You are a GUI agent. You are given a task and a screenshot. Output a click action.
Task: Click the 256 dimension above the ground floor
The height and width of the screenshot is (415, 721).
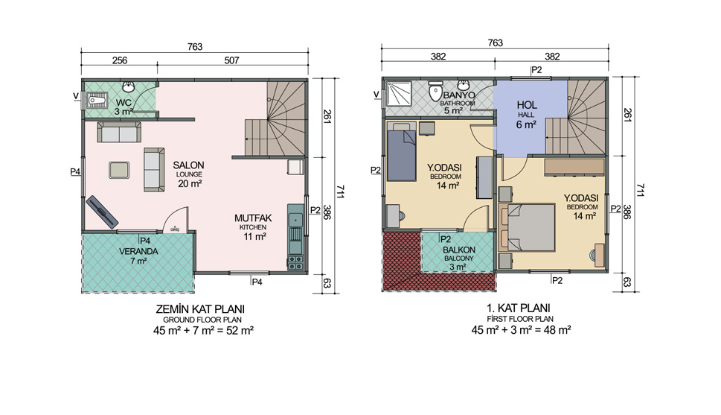coord(120,60)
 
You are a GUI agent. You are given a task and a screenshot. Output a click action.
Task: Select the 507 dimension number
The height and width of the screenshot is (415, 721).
coord(231,60)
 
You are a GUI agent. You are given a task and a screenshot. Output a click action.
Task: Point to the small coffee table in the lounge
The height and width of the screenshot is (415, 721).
coord(119,170)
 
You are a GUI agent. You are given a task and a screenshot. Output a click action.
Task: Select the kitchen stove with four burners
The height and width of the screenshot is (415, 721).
coord(295,263)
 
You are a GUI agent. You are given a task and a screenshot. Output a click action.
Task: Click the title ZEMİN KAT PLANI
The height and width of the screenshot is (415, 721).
coord(200,308)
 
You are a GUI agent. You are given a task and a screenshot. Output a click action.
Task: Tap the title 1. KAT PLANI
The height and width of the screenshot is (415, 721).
coord(519,308)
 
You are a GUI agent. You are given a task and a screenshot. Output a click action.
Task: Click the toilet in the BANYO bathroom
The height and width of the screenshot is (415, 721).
coord(435,91)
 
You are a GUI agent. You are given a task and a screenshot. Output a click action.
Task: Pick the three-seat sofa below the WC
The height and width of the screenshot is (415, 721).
coord(119,132)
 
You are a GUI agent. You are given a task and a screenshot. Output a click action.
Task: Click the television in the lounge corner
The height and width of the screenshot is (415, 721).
coord(102,212)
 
